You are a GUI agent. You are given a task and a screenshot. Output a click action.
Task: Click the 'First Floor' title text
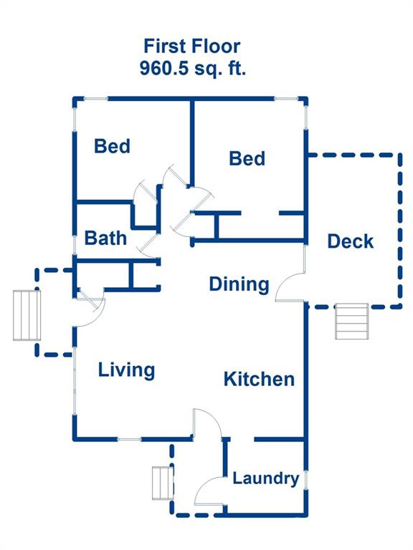[x=191, y=46]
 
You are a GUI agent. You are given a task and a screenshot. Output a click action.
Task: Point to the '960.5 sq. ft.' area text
[x=192, y=68]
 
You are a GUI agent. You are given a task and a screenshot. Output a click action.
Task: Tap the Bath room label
[x=105, y=238]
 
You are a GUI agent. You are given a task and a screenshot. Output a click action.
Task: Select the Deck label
[x=350, y=241]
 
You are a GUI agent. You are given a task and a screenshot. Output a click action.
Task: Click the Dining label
[x=239, y=284]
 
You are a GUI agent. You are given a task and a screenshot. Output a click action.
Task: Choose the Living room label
[x=126, y=370]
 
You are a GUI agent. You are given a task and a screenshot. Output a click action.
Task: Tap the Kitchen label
[x=259, y=379]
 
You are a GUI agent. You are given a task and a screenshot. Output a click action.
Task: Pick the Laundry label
[x=266, y=478]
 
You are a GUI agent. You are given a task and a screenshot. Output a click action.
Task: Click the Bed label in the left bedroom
[x=112, y=146]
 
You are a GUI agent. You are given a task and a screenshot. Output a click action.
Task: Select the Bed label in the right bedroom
[x=247, y=158]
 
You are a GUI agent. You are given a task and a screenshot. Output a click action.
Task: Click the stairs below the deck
[x=351, y=322]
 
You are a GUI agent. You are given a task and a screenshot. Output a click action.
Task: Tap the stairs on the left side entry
[x=27, y=315]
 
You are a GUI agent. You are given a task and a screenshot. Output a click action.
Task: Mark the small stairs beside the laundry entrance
[x=163, y=483]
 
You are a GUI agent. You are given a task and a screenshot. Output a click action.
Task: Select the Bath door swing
[x=148, y=246]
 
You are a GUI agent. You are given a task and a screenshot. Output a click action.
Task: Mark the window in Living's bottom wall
[x=129, y=439]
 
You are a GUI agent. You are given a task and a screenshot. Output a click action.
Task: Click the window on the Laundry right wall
[x=305, y=480]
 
